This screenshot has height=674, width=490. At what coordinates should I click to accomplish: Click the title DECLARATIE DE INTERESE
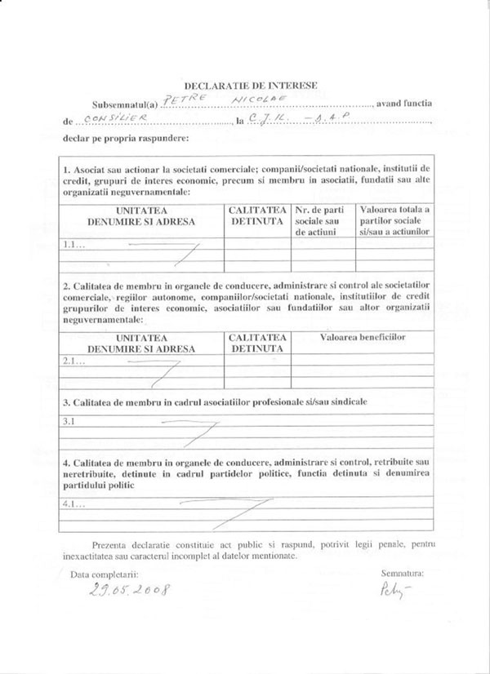tap(250, 85)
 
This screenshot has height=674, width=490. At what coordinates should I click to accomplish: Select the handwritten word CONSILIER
tap(114, 119)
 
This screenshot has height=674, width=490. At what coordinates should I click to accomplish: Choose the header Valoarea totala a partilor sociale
tap(394, 220)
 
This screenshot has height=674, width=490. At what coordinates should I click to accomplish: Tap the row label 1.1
tap(74, 244)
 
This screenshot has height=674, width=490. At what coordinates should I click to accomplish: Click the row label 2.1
tap(74, 360)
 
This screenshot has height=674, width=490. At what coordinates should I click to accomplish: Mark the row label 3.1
tap(69, 422)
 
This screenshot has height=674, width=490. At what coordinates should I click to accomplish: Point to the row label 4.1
tap(73, 504)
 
